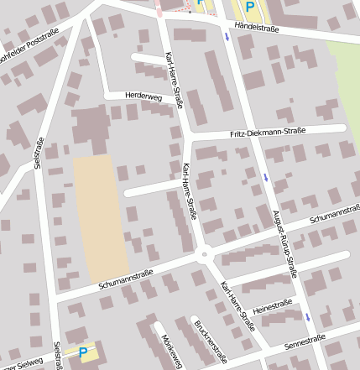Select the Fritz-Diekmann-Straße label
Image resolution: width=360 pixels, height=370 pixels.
pyautogui.click(x=267, y=133)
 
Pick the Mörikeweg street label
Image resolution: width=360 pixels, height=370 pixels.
pyautogui.click(x=171, y=349)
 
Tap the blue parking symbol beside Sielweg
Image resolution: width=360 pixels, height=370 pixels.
pyautogui.click(x=83, y=354)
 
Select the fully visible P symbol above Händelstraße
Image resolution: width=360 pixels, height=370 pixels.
pyautogui.click(x=249, y=7)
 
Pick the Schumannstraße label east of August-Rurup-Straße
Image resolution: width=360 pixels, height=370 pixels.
pyautogui.click(x=333, y=216)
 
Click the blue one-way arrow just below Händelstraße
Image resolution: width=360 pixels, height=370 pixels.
pyautogui.click(x=227, y=38)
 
